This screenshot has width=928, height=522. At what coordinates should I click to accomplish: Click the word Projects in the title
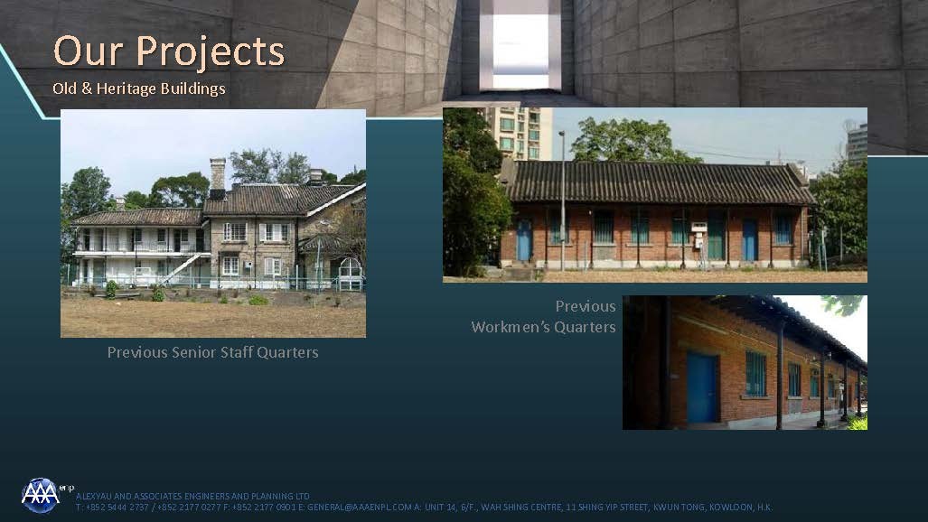click(211, 52)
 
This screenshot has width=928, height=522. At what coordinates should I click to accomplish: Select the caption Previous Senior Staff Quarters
click(212, 352)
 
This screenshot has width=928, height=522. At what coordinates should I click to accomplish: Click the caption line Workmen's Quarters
click(543, 327)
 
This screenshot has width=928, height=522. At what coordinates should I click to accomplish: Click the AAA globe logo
click(41, 495)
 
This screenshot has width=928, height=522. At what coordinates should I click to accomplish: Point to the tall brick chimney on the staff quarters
click(217, 177)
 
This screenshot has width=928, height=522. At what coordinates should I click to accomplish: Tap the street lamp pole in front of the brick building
click(562, 200)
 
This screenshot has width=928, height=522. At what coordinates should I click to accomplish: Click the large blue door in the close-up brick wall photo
click(702, 387)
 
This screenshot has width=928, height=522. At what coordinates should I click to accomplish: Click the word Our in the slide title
click(91, 51)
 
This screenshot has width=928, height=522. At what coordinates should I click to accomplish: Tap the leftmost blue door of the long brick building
click(524, 241)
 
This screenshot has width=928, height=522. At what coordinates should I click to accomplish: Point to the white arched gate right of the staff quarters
click(351, 274)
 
